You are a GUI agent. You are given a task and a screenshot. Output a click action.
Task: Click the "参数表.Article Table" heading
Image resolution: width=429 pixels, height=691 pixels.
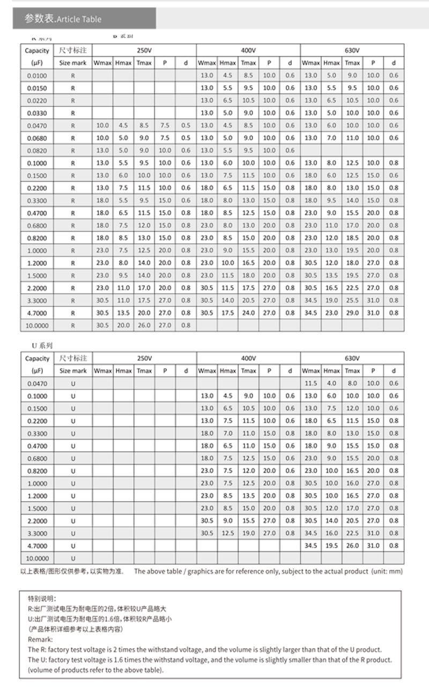click(x=63, y=19)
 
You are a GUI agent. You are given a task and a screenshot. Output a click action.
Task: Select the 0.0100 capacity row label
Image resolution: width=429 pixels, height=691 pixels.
click(x=37, y=76)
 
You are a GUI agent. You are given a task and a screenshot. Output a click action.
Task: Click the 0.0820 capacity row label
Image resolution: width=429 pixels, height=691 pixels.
click(x=37, y=151)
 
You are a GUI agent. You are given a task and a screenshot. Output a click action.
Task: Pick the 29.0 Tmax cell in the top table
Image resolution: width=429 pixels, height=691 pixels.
click(x=352, y=313)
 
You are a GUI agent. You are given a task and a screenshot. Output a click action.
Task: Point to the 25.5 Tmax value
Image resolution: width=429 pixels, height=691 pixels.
click(x=352, y=300)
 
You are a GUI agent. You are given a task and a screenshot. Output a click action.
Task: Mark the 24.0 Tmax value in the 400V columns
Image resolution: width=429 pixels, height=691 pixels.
click(x=248, y=313)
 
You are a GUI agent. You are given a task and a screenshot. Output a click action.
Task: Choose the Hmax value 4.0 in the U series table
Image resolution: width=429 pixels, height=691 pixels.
click(x=332, y=384)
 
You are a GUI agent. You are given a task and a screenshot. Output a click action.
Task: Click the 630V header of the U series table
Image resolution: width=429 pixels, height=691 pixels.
click(x=352, y=358)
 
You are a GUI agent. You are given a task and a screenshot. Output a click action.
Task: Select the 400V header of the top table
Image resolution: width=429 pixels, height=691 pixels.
click(x=248, y=50)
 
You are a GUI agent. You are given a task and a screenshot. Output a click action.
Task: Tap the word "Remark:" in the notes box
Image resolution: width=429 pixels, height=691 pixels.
click(x=40, y=639)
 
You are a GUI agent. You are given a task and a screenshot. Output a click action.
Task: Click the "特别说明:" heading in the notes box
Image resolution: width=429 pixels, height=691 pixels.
click(x=42, y=598)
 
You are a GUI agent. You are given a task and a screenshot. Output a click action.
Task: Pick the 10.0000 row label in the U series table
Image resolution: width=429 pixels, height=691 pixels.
click(x=37, y=558)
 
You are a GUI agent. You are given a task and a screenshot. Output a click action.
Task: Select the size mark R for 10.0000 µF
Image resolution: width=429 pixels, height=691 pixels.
click(x=73, y=325)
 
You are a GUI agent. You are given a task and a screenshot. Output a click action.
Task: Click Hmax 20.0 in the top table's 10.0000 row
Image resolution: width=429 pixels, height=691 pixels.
click(x=123, y=325)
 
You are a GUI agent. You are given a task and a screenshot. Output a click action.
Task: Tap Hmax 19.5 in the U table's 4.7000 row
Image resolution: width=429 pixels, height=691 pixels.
click(x=332, y=546)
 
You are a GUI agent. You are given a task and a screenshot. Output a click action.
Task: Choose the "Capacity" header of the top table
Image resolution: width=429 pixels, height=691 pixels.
click(x=37, y=50)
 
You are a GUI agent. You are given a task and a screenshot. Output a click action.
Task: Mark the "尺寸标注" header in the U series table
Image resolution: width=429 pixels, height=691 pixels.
click(x=73, y=358)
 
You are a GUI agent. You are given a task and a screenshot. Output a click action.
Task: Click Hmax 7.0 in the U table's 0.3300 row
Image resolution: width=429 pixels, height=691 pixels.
click(x=228, y=433)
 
